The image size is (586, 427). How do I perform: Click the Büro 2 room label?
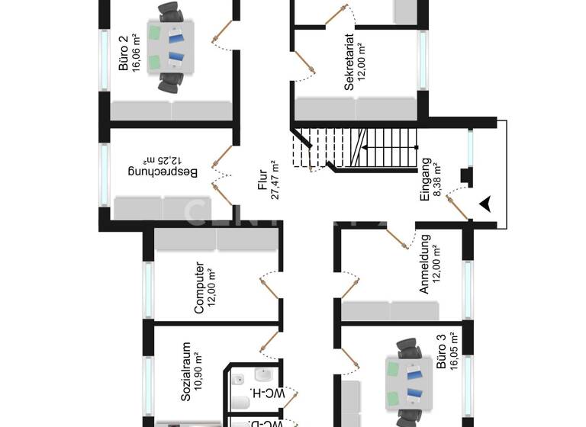pyautogui.click(x=124, y=53)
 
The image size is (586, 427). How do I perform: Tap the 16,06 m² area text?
pyautogui.click(x=136, y=53)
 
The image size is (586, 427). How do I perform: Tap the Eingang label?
pyautogui.click(x=426, y=179)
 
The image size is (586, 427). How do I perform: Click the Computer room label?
pyautogui.click(x=198, y=288)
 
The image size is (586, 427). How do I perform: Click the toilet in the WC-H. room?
pyautogui.click(x=238, y=402)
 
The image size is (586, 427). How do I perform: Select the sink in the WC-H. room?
pyautogui.click(x=265, y=376)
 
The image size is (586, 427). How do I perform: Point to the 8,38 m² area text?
pyautogui.click(x=438, y=179)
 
